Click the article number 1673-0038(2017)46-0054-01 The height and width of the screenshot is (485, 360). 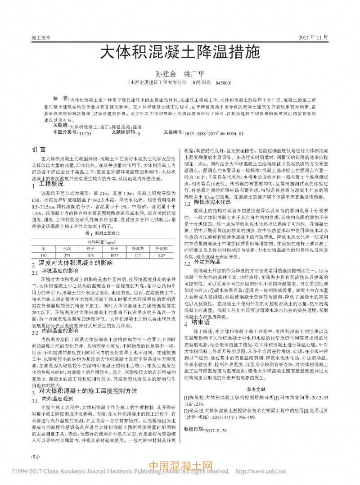pos(218,121)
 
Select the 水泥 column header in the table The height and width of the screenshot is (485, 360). pos(67,248)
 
